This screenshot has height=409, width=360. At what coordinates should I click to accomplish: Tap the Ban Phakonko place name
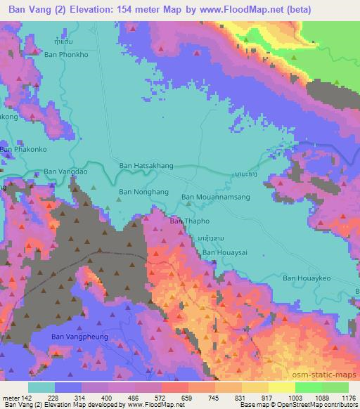tap(23, 150)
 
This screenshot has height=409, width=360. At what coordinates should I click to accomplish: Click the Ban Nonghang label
tap(143, 191)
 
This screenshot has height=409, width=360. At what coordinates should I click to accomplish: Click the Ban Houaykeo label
tap(307, 278)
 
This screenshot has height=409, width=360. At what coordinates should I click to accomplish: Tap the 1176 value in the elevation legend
tap(347, 397)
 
